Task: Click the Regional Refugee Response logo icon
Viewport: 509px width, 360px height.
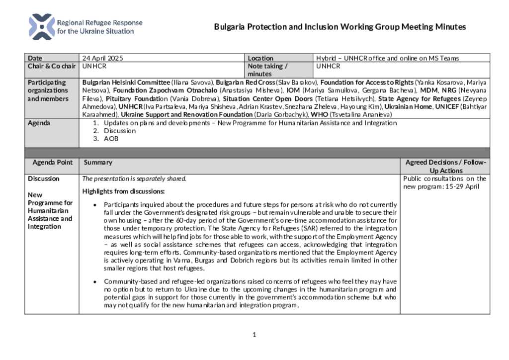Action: click(x=42, y=27)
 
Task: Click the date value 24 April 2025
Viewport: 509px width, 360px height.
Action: click(x=102, y=58)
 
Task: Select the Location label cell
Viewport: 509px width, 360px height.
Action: click(x=260, y=58)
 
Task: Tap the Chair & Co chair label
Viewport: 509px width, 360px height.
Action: click(x=52, y=66)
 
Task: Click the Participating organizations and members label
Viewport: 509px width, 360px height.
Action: click(x=48, y=90)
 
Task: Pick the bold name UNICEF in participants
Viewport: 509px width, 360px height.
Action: click(x=447, y=106)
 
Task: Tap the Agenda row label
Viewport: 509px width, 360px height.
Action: click(x=39, y=123)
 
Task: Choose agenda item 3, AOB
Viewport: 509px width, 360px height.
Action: click(x=111, y=139)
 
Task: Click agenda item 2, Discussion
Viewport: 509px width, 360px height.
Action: click(x=119, y=131)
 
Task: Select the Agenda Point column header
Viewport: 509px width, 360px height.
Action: click(x=52, y=162)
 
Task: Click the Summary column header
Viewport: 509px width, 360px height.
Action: click(x=98, y=162)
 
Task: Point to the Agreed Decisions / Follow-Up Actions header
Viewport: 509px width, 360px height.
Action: click(x=445, y=166)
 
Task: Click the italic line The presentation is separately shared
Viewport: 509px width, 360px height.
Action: click(x=134, y=179)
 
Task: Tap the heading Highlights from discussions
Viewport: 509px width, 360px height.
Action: click(x=123, y=191)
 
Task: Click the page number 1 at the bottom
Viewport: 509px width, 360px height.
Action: click(x=254, y=335)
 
